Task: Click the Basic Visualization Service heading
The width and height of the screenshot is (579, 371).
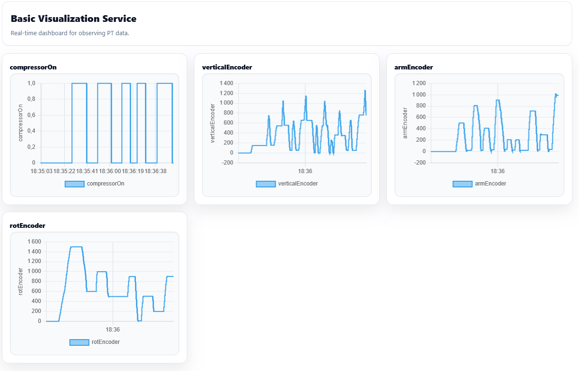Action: [x=73, y=19]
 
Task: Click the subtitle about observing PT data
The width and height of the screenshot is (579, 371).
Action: [x=70, y=33]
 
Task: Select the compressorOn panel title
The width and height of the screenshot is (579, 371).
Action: [x=33, y=67]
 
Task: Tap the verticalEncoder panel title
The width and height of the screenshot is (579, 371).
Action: [x=227, y=67]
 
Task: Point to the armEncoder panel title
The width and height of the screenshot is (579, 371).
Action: [x=414, y=67]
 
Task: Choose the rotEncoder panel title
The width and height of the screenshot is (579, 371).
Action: [x=28, y=225]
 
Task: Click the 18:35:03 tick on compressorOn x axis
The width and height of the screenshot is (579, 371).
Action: [x=41, y=171]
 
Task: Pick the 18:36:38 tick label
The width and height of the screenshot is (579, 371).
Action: [x=155, y=171]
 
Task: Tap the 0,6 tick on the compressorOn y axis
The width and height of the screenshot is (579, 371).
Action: [x=31, y=115]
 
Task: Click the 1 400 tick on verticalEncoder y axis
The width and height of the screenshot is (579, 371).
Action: [x=226, y=83]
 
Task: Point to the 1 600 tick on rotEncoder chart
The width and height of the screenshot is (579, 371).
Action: [x=34, y=242]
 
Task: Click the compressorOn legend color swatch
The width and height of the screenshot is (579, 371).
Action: [x=75, y=184]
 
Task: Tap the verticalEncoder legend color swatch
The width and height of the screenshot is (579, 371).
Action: [x=266, y=184]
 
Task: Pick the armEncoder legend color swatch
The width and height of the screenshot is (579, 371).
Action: [x=463, y=184]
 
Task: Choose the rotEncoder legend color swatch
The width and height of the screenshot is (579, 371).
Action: [x=79, y=342]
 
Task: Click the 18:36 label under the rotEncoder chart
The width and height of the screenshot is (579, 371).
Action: [x=113, y=330]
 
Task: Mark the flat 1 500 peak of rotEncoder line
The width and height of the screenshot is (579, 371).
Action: [x=76, y=247]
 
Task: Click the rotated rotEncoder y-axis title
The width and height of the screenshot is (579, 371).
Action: [x=21, y=282]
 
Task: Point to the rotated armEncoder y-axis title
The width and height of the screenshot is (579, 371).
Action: [x=405, y=123]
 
